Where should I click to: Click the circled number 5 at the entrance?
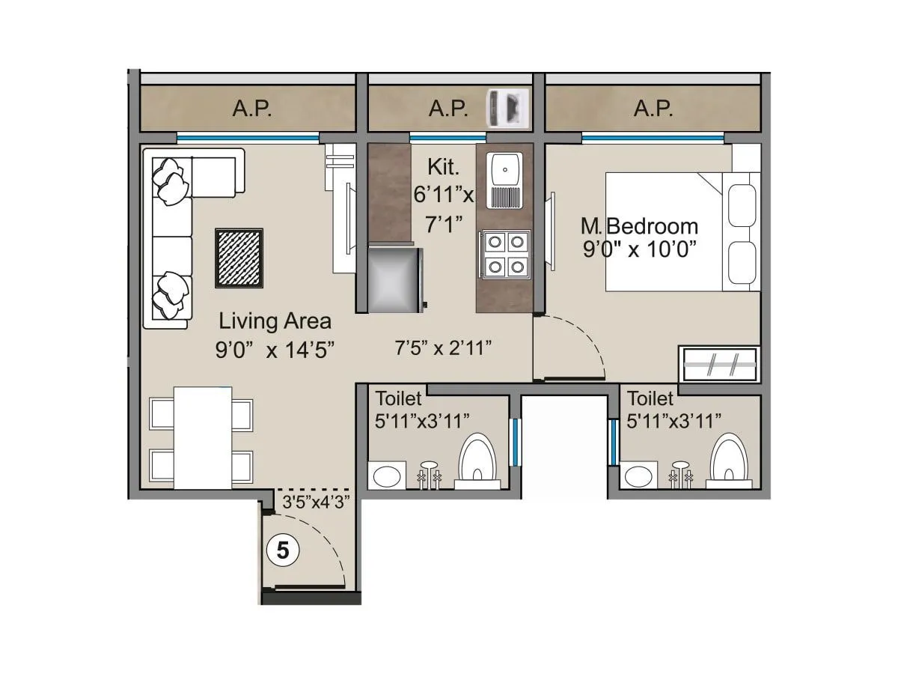point(283,551)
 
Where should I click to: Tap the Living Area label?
point(275,322)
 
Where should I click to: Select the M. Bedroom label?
point(640,226)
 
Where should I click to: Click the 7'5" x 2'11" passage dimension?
point(443,347)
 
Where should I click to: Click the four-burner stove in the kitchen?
point(504,254)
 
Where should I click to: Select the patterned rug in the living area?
point(239,258)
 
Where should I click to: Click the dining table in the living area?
point(203,437)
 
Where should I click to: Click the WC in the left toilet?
point(477,461)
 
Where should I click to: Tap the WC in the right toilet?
point(728,461)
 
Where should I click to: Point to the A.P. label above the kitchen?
point(448,109)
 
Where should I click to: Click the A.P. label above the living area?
point(252,109)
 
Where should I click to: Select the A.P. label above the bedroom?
point(653,109)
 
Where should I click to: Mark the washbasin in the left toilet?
point(387,476)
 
